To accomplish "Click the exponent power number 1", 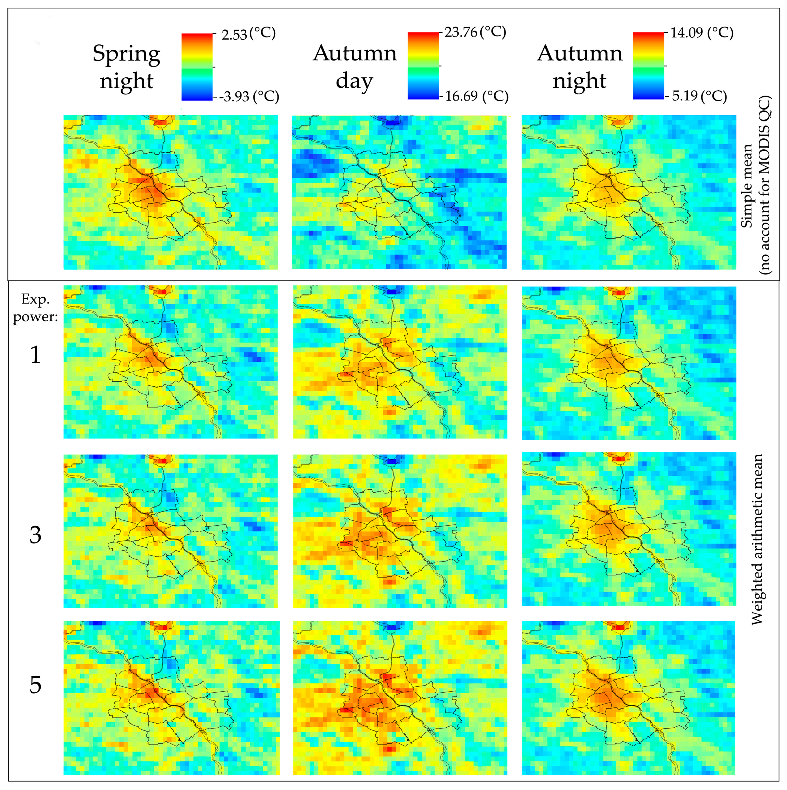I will tap(36, 355).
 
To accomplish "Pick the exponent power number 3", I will tap(36, 535).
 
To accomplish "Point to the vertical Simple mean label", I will tap(747, 186).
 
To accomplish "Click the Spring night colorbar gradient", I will tap(197, 67).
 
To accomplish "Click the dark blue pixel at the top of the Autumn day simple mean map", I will tap(392, 122).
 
